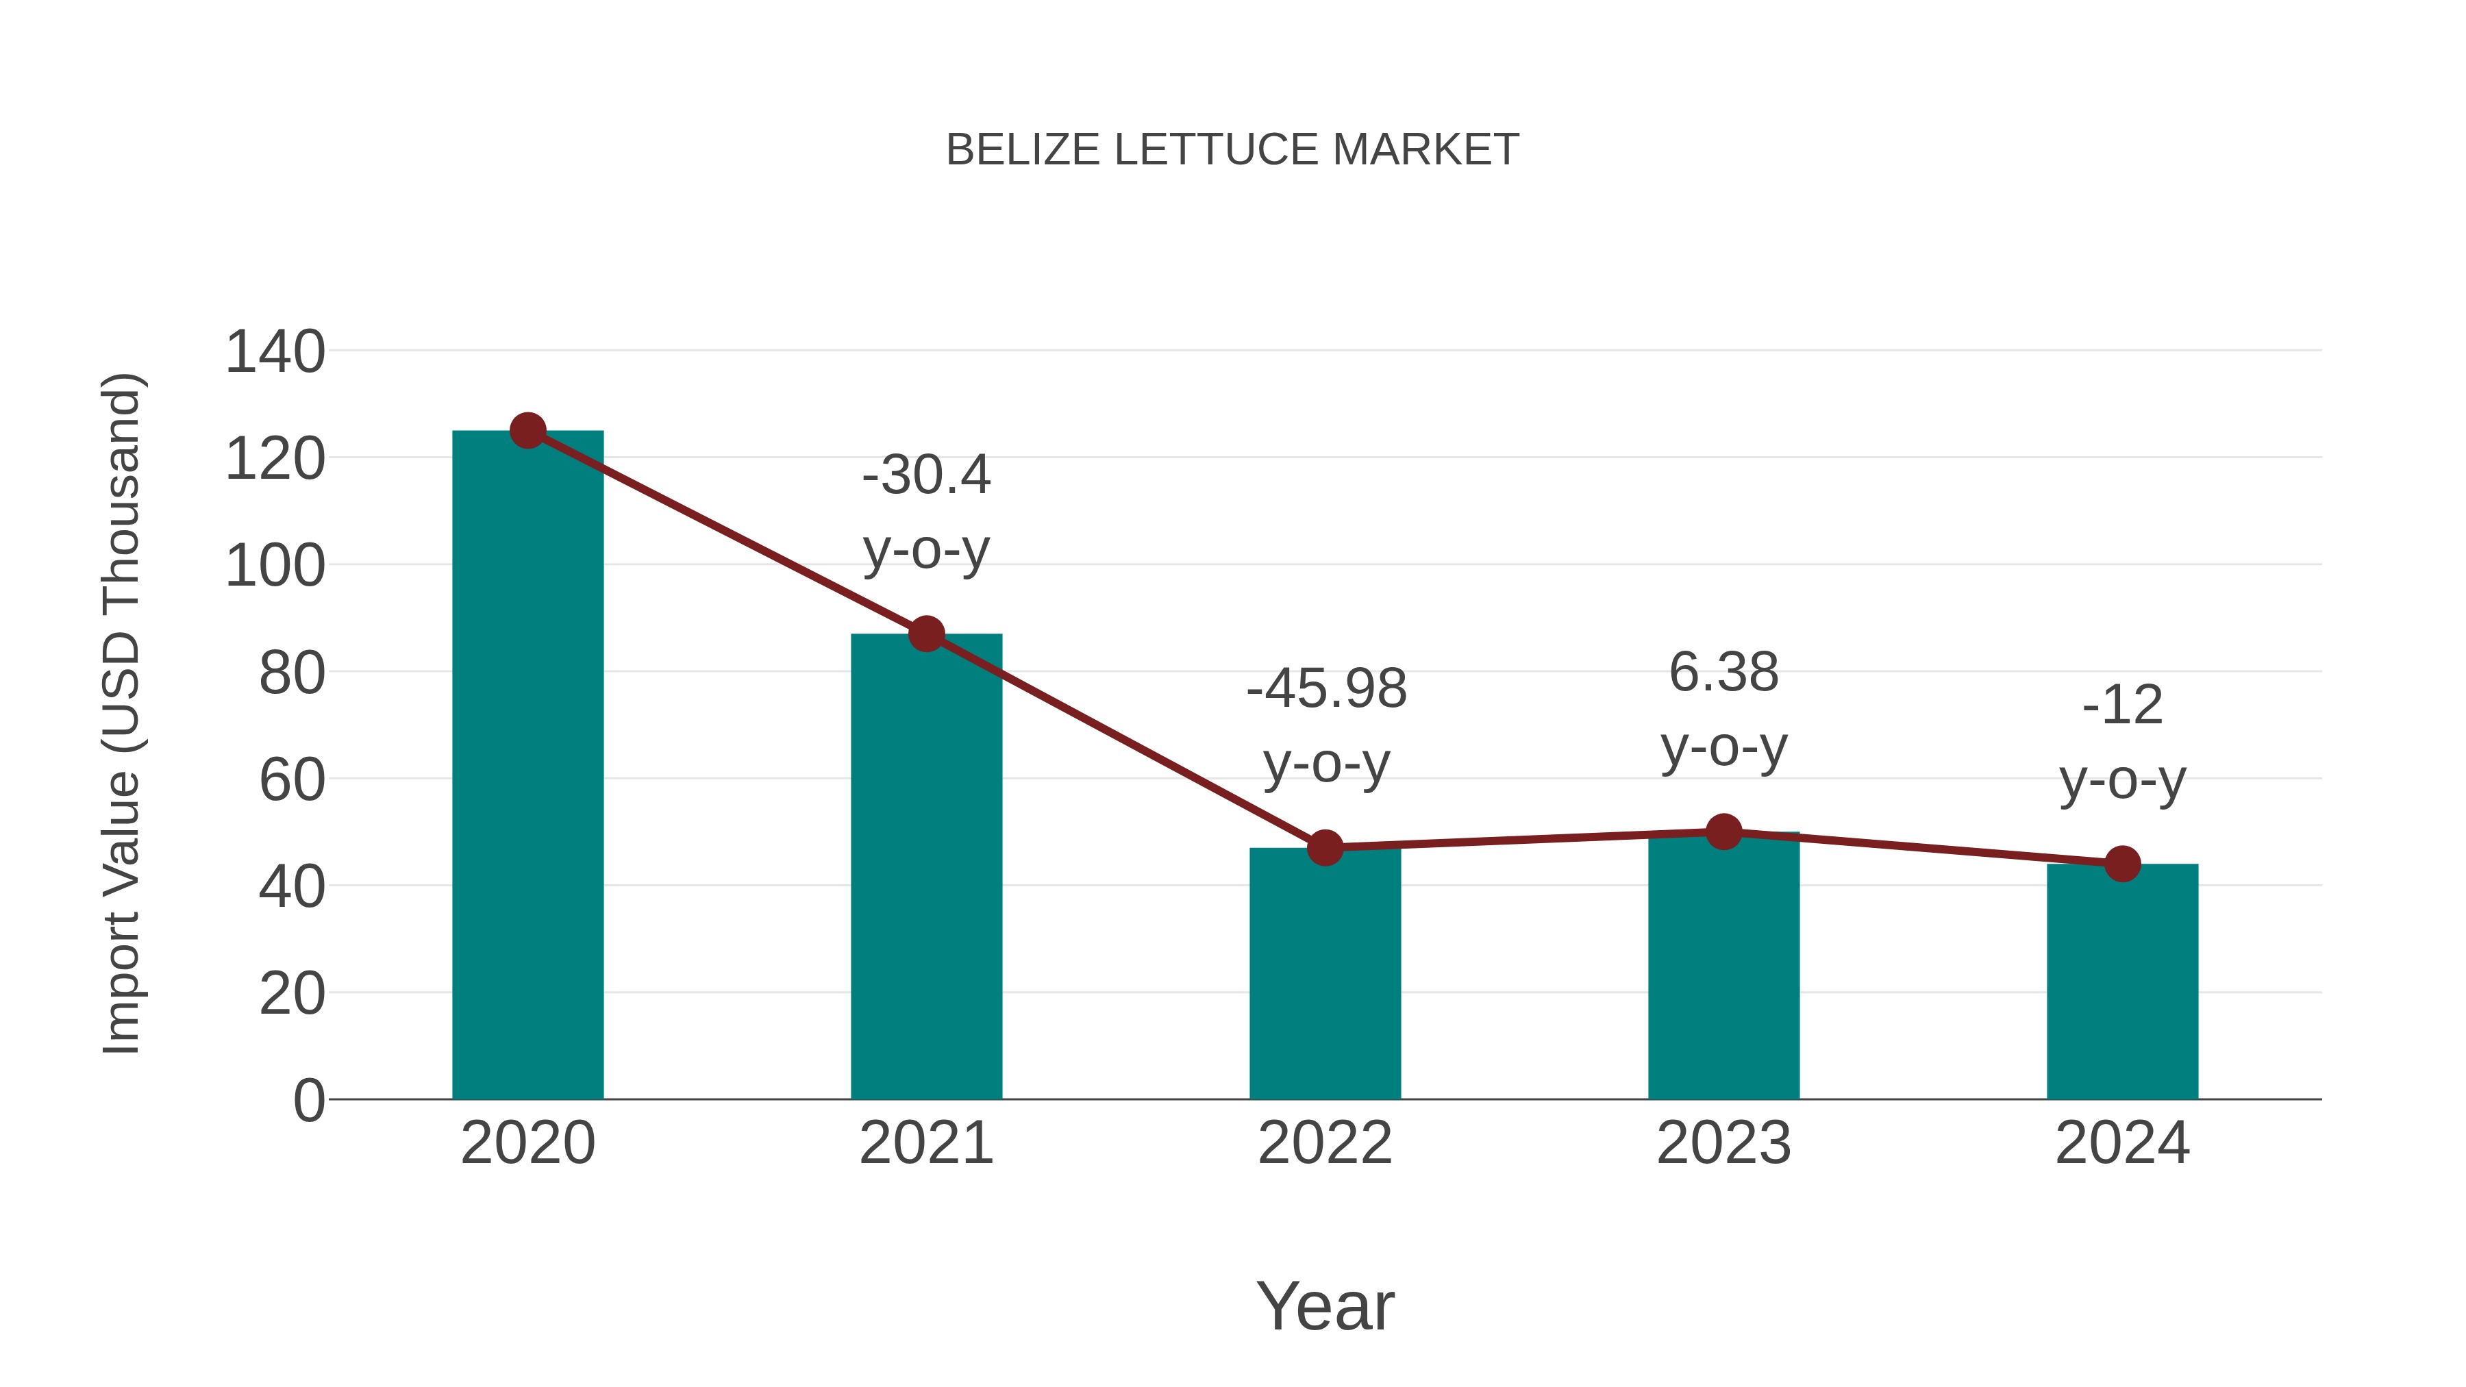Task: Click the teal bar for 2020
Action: pyautogui.click(x=527, y=766)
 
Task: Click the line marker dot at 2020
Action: pyautogui.click(x=527, y=431)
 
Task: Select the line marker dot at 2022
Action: pyautogui.click(x=1325, y=847)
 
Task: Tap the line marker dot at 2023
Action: pyautogui.click(x=1723, y=832)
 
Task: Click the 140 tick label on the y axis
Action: pyautogui.click(x=275, y=351)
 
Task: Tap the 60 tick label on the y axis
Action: pyautogui.click(x=292, y=779)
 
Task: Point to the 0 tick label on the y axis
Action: pyautogui.click(x=308, y=1100)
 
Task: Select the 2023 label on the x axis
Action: pyautogui.click(x=1723, y=1143)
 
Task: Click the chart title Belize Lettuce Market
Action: pyautogui.click(x=1232, y=150)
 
